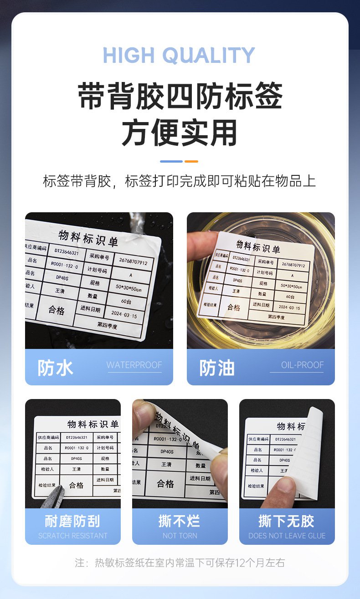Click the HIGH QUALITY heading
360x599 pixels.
(x=179, y=56)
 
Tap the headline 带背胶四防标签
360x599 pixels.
(x=180, y=96)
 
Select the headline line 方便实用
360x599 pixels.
(x=180, y=133)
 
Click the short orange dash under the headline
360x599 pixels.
(x=191, y=161)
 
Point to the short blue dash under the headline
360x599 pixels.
(x=171, y=161)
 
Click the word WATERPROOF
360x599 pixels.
(x=134, y=365)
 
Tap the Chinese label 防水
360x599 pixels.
(x=55, y=368)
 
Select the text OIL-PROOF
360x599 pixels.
(x=302, y=365)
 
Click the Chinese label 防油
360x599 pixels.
(x=217, y=368)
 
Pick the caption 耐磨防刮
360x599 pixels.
(x=72, y=521)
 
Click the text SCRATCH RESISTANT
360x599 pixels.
(x=73, y=536)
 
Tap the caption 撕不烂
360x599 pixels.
(x=180, y=521)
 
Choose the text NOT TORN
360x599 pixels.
(x=180, y=536)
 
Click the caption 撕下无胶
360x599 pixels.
(x=287, y=521)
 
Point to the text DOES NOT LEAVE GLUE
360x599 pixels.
(x=287, y=536)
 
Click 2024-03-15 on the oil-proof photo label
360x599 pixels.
(x=289, y=308)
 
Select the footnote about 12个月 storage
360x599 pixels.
(x=180, y=563)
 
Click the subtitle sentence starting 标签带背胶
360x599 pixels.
(x=180, y=181)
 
